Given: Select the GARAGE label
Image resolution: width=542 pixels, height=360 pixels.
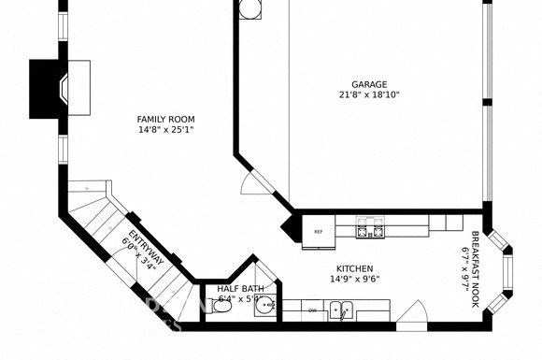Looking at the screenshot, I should (x=369, y=84).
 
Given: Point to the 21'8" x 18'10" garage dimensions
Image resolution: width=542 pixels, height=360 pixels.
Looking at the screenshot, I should (x=369, y=94).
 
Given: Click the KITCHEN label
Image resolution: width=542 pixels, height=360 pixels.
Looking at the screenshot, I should (x=354, y=267).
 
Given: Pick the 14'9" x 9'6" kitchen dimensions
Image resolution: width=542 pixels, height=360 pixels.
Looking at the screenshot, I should (x=354, y=279).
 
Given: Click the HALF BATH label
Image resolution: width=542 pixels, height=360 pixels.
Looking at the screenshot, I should (x=240, y=289).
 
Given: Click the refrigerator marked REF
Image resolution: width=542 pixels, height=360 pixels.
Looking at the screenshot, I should (x=319, y=232).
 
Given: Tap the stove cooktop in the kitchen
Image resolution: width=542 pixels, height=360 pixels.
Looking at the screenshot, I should (x=370, y=225).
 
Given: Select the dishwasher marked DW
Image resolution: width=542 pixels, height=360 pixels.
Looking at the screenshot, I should (x=313, y=310).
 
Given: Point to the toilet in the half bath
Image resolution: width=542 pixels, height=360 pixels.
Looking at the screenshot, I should (x=221, y=305).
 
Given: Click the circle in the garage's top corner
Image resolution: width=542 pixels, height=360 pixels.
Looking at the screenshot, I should (x=250, y=8).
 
